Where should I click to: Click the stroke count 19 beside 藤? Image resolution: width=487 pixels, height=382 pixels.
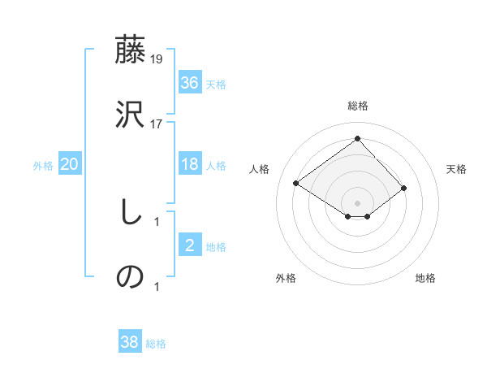pyautogui.click(x=157, y=59)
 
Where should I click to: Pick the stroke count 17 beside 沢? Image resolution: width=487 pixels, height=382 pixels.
pyautogui.click(x=157, y=124)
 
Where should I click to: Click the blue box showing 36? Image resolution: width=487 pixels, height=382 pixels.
pyautogui.click(x=190, y=83)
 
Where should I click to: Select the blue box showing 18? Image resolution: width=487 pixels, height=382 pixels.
pyautogui.click(x=190, y=164)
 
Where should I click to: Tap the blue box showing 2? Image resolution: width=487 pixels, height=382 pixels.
pyautogui.click(x=190, y=245)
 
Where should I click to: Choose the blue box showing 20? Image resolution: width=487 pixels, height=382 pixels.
pyautogui.click(x=70, y=164)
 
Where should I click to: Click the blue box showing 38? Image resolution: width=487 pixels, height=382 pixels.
pyautogui.click(x=130, y=342)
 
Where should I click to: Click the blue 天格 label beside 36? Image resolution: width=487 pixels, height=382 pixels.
pyautogui.click(x=216, y=84)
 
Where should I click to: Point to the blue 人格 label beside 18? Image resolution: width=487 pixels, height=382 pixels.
pyautogui.click(x=216, y=165)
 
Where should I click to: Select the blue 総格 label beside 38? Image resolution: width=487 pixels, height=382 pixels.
pyautogui.click(x=156, y=343)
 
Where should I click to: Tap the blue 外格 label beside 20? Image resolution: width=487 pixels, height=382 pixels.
pyautogui.click(x=43, y=165)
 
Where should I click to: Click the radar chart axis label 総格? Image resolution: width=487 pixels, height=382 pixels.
pyautogui.click(x=358, y=106)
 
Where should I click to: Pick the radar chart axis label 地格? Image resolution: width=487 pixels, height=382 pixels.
pyautogui.click(x=425, y=278)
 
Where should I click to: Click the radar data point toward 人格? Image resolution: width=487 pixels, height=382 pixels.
pyautogui.click(x=296, y=184)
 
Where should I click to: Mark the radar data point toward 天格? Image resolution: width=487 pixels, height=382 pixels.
pyautogui.click(x=403, y=188)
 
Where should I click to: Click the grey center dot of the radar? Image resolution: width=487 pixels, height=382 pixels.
pyautogui.click(x=358, y=202)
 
